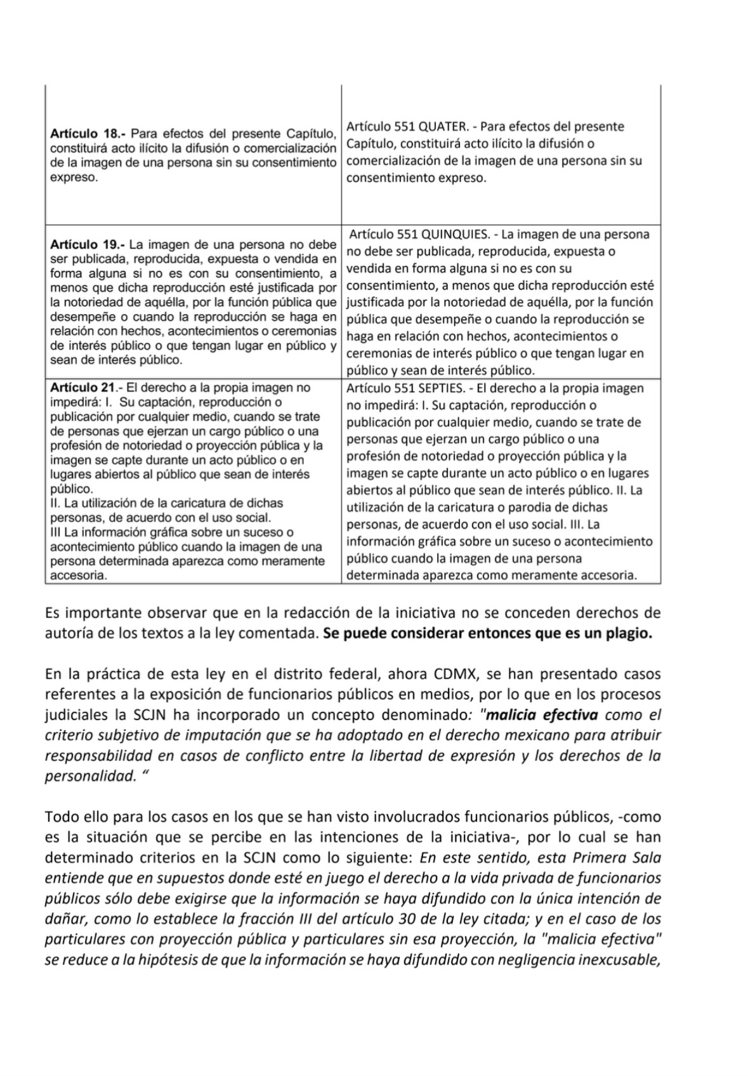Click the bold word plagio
pyautogui.click(x=628, y=634)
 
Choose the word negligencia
pyautogui.click(x=536, y=960)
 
